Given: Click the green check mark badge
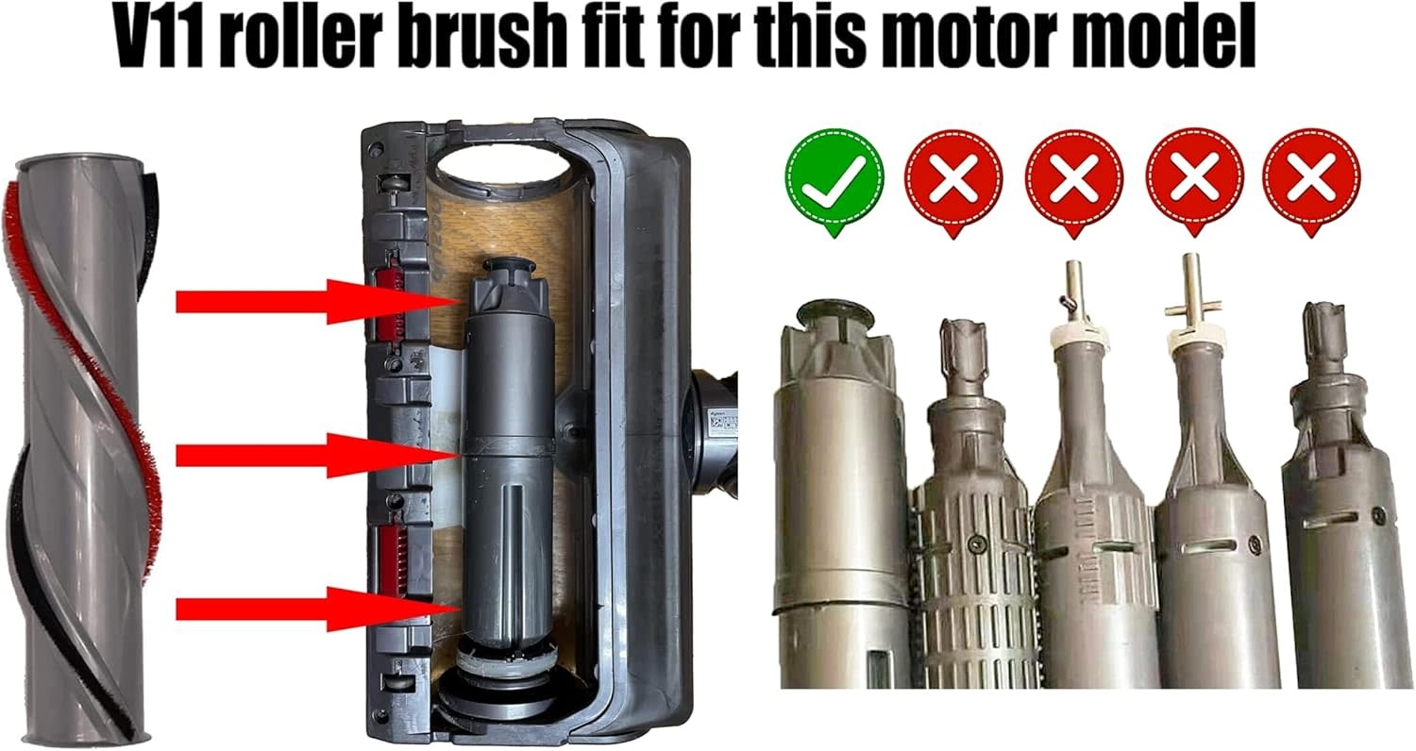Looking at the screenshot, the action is (x=834, y=180).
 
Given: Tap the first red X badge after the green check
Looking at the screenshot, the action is (x=953, y=180).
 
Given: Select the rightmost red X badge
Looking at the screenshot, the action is (x=1312, y=180).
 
